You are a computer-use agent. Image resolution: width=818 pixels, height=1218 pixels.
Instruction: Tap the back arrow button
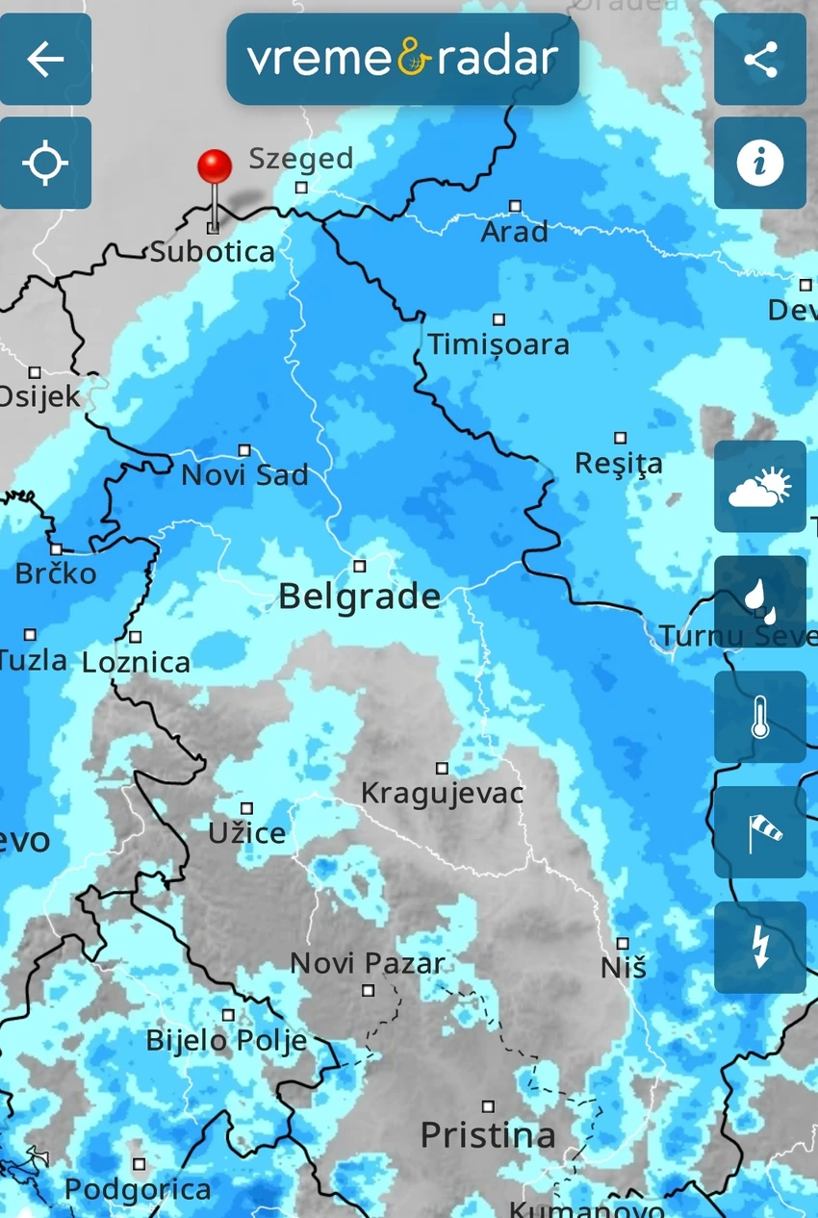tap(45, 60)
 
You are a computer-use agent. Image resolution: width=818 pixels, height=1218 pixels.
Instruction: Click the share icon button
tap(760, 60)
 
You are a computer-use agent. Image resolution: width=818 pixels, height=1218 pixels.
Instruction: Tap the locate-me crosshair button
tap(45, 163)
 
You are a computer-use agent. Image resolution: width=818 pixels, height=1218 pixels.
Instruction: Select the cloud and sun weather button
tap(760, 486)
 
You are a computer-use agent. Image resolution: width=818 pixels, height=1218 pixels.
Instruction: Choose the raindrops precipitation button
tap(760, 601)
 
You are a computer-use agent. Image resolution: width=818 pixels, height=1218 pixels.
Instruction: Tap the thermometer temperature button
tap(760, 717)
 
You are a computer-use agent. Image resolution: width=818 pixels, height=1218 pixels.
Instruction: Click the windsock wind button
tap(760, 832)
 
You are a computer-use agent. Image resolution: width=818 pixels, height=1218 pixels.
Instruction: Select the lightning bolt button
tap(760, 948)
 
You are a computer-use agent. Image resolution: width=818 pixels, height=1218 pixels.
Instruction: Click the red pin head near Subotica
tap(215, 166)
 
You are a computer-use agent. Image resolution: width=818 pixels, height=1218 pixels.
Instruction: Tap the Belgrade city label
tap(359, 596)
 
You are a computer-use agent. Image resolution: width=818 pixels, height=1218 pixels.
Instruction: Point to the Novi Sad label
tap(244, 475)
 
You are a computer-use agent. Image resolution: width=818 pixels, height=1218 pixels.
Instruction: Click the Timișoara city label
tap(498, 344)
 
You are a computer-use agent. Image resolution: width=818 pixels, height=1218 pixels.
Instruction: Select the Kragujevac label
tap(442, 793)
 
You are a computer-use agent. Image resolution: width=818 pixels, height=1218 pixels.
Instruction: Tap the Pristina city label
tap(488, 1135)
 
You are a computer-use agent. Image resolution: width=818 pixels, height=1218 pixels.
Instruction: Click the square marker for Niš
tap(623, 944)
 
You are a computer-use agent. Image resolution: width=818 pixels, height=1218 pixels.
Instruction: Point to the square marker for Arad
tap(515, 206)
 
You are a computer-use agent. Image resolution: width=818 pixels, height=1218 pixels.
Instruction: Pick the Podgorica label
tap(138, 1189)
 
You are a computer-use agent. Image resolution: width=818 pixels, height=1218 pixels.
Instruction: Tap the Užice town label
tap(247, 833)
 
